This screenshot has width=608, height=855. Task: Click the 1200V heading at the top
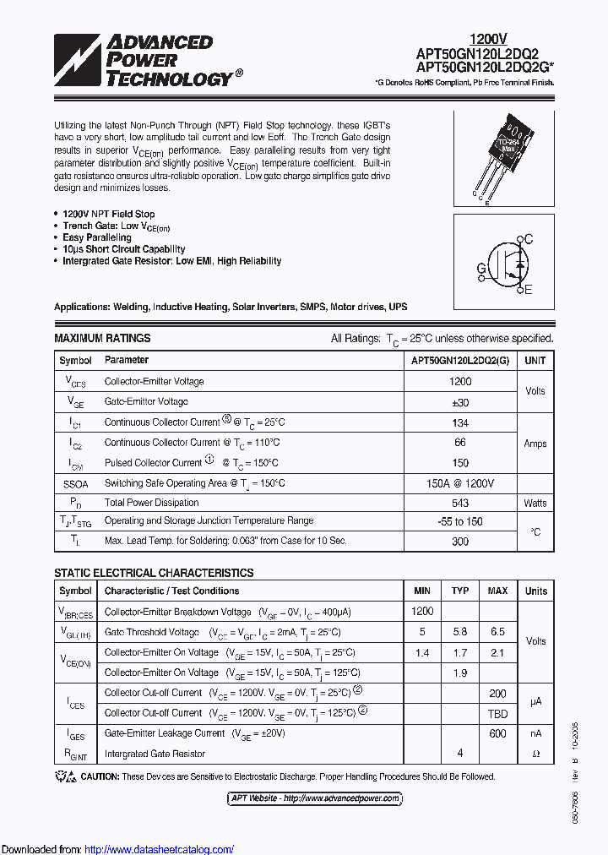[488, 39]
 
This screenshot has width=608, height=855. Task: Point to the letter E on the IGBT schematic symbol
[529, 291]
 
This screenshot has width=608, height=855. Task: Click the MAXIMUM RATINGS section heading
[102, 338]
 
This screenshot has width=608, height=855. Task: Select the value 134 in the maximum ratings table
[460, 422]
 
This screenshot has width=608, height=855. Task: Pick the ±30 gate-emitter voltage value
[460, 402]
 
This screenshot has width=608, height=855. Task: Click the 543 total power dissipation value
[460, 503]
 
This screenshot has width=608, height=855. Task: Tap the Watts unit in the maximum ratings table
[535, 503]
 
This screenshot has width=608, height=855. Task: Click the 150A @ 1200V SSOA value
[460, 483]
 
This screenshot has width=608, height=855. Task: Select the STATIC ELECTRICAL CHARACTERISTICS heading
[154, 573]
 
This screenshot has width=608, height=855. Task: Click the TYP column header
[460, 591]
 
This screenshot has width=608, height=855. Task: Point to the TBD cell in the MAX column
[497, 713]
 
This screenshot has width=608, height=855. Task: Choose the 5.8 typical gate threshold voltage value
[460, 632]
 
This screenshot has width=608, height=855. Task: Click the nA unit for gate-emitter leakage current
[535, 733]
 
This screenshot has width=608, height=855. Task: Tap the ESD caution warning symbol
[65, 776]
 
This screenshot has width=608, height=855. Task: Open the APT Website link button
[314, 798]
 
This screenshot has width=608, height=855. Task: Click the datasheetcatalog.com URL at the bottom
[160, 849]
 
